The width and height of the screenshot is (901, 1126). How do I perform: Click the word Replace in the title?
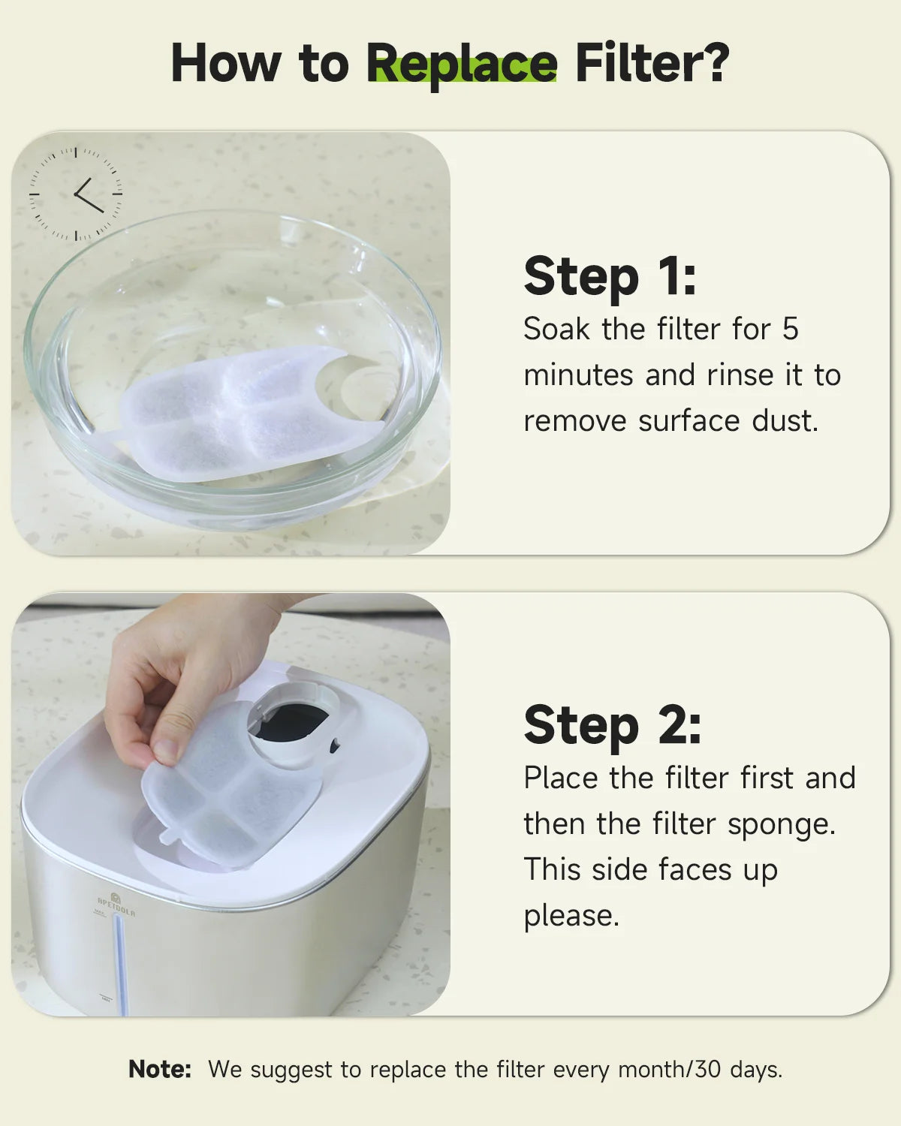click(461, 65)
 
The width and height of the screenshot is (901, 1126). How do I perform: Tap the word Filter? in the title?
click(652, 63)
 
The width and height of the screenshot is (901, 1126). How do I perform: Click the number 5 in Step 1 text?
click(790, 329)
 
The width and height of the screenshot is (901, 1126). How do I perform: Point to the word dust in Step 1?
click(785, 421)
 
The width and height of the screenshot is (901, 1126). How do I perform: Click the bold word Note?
click(160, 1070)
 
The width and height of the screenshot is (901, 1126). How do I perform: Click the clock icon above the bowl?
click(75, 194)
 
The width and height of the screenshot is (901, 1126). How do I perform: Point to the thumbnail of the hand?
click(165, 750)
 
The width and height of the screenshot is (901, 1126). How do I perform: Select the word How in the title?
click(226, 63)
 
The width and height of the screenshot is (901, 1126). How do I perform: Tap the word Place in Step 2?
click(561, 778)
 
